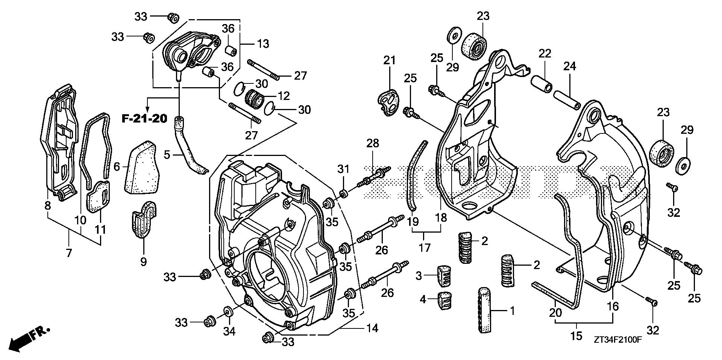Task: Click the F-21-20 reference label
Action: coord(144,119)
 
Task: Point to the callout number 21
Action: coord(390,60)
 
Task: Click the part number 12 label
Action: coord(284,96)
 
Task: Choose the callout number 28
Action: coord(373,143)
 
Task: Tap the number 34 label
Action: coord(229,331)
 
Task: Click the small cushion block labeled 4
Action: coord(445,301)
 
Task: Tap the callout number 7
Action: coord(69,253)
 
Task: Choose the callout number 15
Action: coord(576,335)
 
